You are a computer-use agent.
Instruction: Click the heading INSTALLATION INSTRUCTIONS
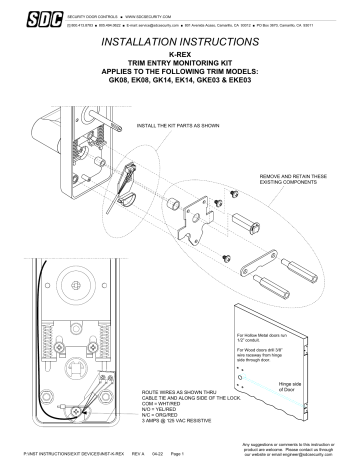(x=181, y=46)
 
